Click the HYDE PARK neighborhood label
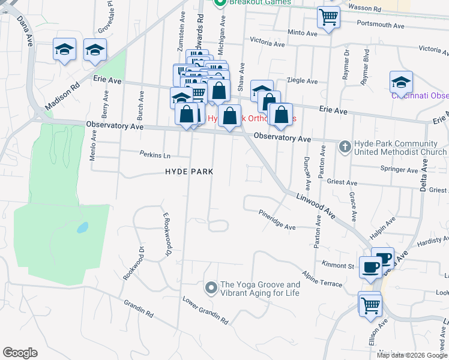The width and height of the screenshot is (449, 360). (190, 172)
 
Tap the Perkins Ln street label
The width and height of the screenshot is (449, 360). (155, 155)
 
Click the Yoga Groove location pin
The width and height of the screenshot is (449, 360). (211, 289)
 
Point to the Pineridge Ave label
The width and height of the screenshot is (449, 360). (277, 220)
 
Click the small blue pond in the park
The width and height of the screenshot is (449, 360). (82, 228)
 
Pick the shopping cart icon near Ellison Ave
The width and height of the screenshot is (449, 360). (370, 304)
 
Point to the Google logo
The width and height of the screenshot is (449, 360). (20, 353)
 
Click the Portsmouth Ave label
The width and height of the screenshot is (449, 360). (381, 25)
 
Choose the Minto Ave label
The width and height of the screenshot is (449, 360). (302, 34)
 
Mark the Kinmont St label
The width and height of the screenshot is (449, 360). (339, 265)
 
